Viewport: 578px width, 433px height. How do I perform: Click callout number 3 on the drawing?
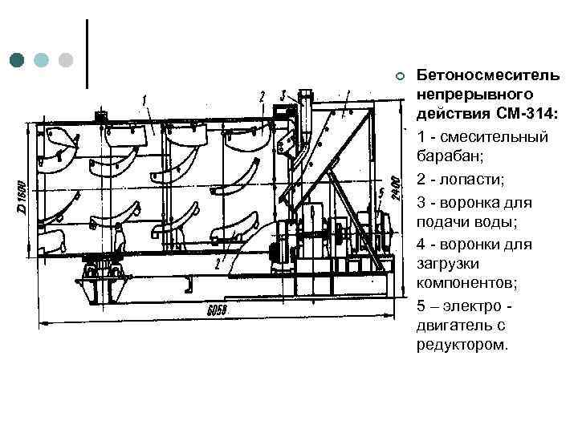283,95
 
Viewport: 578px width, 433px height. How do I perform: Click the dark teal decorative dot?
17,60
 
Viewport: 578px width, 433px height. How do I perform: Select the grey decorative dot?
67,60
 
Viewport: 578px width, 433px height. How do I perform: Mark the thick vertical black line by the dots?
86,52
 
